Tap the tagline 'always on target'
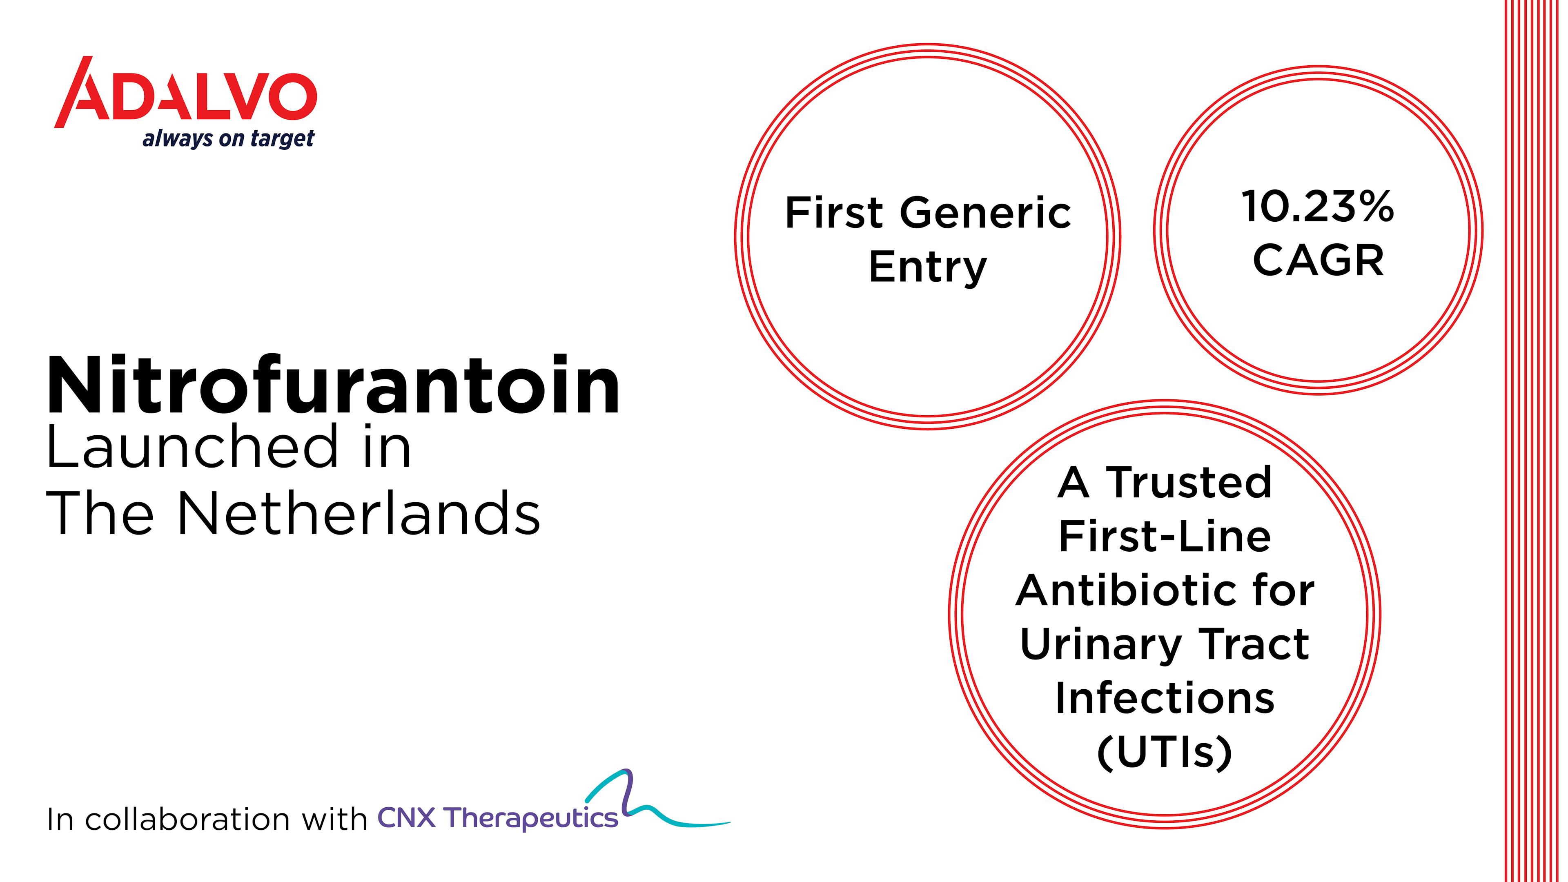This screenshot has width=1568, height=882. click(228, 139)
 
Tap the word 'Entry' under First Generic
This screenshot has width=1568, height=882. click(928, 268)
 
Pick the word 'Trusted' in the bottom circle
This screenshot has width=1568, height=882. click(1189, 482)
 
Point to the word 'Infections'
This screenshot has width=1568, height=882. click(1165, 698)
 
